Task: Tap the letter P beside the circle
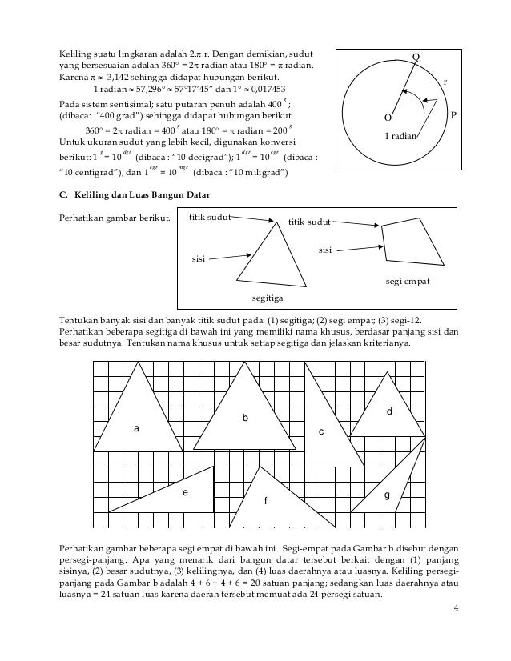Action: click(x=453, y=115)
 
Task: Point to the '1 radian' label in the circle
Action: click(x=401, y=137)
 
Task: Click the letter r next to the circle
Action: click(x=445, y=82)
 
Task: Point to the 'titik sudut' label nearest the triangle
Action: click(x=209, y=216)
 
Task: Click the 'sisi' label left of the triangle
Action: click(x=198, y=259)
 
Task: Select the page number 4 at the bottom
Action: click(x=455, y=614)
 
